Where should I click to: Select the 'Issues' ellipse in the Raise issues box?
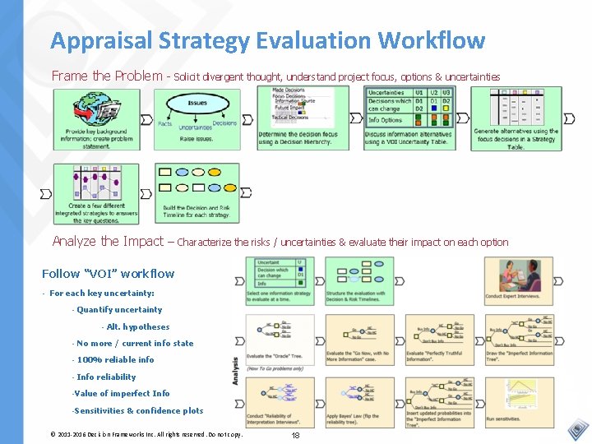pyautogui.click(x=197, y=104)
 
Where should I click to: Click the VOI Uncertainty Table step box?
pyautogui.click(x=409, y=118)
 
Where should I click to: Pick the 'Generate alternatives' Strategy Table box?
pyautogui.click(x=516, y=118)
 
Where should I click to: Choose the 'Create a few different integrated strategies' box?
pyautogui.click(x=96, y=194)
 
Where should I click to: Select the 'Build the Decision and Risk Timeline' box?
pyautogui.click(x=197, y=194)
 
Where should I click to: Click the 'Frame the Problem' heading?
pyautogui.click(x=107, y=76)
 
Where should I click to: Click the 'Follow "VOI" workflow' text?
pyautogui.click(x=108, y=274)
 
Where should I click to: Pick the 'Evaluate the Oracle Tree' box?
pyautogui.click(x=280, y=340)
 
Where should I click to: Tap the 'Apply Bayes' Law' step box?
pyautogui.click(x=360, y=402)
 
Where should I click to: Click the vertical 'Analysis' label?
pyautogui.click(x=237, y=370)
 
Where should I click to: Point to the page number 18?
pyautogui.click(x=296, y=434)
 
